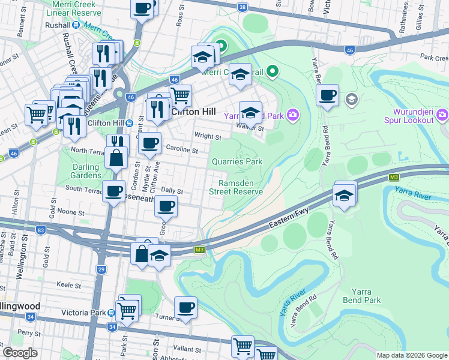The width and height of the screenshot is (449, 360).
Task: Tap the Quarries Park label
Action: point(237,161)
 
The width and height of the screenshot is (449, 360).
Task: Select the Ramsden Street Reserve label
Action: point(236,187)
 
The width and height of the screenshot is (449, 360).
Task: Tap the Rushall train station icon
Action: point(76,25)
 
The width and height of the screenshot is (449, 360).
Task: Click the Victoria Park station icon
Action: point(112,313)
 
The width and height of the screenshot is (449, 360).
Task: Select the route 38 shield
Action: point(242,7)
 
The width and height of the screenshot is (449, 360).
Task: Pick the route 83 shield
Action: point(40,230)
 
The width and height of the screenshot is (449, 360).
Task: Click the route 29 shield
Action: point(101,270)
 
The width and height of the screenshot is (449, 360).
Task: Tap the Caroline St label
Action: point(182,149)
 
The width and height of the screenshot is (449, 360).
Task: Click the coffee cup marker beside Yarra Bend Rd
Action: point(327,95)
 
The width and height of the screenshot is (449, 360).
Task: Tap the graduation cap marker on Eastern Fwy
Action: point(344,196)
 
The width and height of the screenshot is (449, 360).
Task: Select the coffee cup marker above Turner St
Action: point(185,308)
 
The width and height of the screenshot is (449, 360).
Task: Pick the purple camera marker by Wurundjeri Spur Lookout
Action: point(442,114)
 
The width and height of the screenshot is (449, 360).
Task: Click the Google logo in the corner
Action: point(20,352)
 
